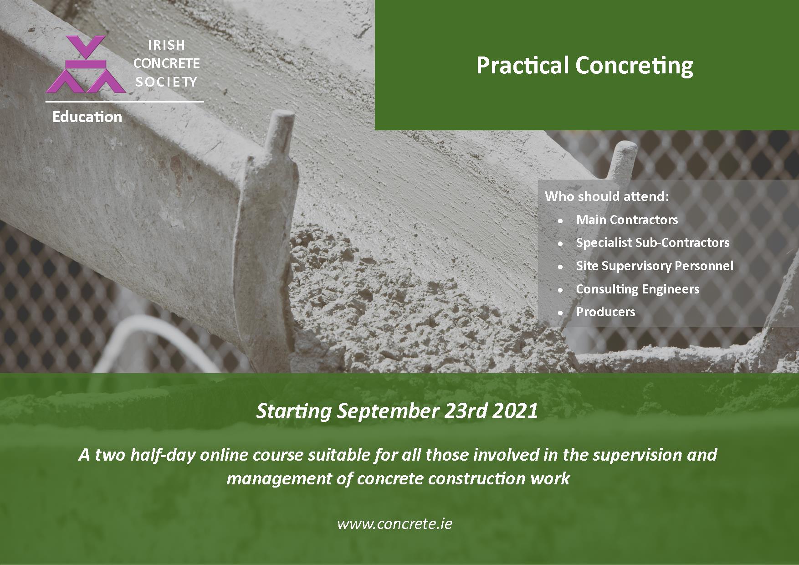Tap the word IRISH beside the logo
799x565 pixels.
click(x=167, y=45)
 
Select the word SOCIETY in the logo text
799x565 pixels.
click(x=166, y=82)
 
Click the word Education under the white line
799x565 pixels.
click(x=87, y=117)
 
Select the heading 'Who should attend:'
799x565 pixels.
click(x=607, y=196)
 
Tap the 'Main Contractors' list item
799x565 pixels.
click(x=627, y=220)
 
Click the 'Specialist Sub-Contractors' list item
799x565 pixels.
click(x=652, y=243)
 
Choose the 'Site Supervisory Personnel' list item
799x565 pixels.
click(x=655, y=266)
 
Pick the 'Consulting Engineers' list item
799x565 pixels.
click(x=637, y=289)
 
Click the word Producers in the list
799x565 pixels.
click(x=605, y=312)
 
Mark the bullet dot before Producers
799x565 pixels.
click(x=561, y=313)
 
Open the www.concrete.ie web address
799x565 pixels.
click(x=394, y=524)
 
